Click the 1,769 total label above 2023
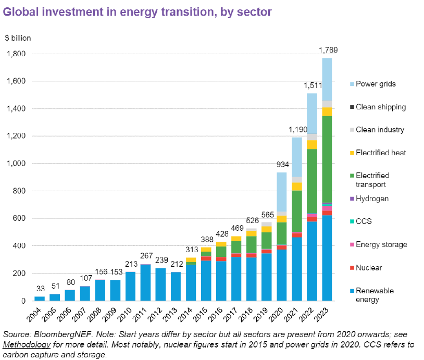(328, 50)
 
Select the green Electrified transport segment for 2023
(327, 159)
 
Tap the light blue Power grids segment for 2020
(281, 192)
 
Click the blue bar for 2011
(145, 283)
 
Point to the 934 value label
(282, 165)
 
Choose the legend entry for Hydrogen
(369, 198)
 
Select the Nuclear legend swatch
(352, 268)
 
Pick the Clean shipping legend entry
(378, 107)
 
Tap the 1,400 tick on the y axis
(16, 108)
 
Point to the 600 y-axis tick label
(19, 218)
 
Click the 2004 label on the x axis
(34, 315)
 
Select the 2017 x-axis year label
(231, 315)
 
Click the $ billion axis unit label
(18, 38)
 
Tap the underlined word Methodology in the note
(27, 344)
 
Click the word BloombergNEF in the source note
(63, 334)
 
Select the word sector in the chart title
(254, 12)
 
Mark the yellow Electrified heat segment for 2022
(312, 145)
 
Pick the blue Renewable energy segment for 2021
(296, 269)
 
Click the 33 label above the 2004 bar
(41, 289)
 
